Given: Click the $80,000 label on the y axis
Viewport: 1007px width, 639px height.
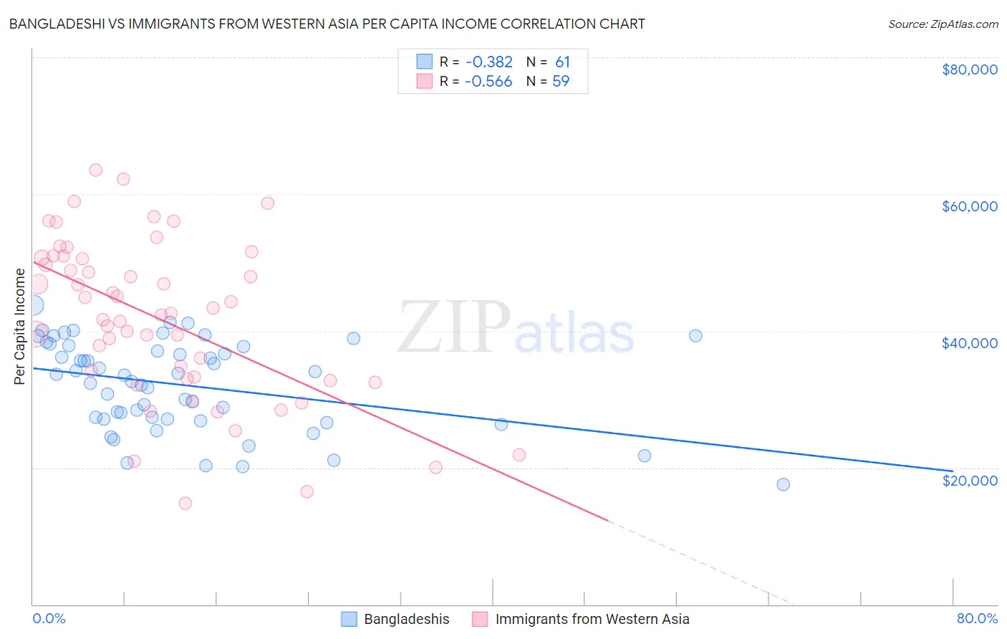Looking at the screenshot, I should (969, 69).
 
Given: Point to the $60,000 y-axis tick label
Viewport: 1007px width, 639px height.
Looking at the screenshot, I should (969, 206).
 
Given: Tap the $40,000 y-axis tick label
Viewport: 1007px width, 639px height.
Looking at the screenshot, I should (969, 343).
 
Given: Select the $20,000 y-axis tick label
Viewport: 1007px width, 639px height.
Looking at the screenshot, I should (969, 480).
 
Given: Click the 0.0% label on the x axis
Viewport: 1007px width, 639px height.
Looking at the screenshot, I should (49, 618).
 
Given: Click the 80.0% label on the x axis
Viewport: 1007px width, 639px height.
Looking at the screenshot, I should (976, 618).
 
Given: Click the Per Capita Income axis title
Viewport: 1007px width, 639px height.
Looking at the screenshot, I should (20, 327).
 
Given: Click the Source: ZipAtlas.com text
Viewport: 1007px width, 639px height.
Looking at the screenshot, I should (943, 24).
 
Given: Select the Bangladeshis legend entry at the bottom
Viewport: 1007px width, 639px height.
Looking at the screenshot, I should (406, 619).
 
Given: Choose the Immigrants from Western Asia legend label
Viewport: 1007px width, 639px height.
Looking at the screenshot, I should (592, 619).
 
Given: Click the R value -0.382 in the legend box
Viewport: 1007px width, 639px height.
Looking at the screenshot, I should (488, 62).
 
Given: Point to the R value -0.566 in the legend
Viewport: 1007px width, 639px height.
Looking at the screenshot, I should (488, 82).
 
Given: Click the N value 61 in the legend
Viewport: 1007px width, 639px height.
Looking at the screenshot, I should (562, 62).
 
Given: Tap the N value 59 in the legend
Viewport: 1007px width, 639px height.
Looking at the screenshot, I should (561, 82).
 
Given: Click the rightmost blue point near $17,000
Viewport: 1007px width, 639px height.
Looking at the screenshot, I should (783, 484).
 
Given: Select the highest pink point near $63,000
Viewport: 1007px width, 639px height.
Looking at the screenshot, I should (95, 170).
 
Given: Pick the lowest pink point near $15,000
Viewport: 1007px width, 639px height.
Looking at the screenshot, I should (185, 503).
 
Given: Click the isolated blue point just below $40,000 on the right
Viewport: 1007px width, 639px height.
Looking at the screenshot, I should (695, 336).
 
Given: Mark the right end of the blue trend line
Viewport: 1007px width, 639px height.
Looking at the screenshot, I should (953, 471).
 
